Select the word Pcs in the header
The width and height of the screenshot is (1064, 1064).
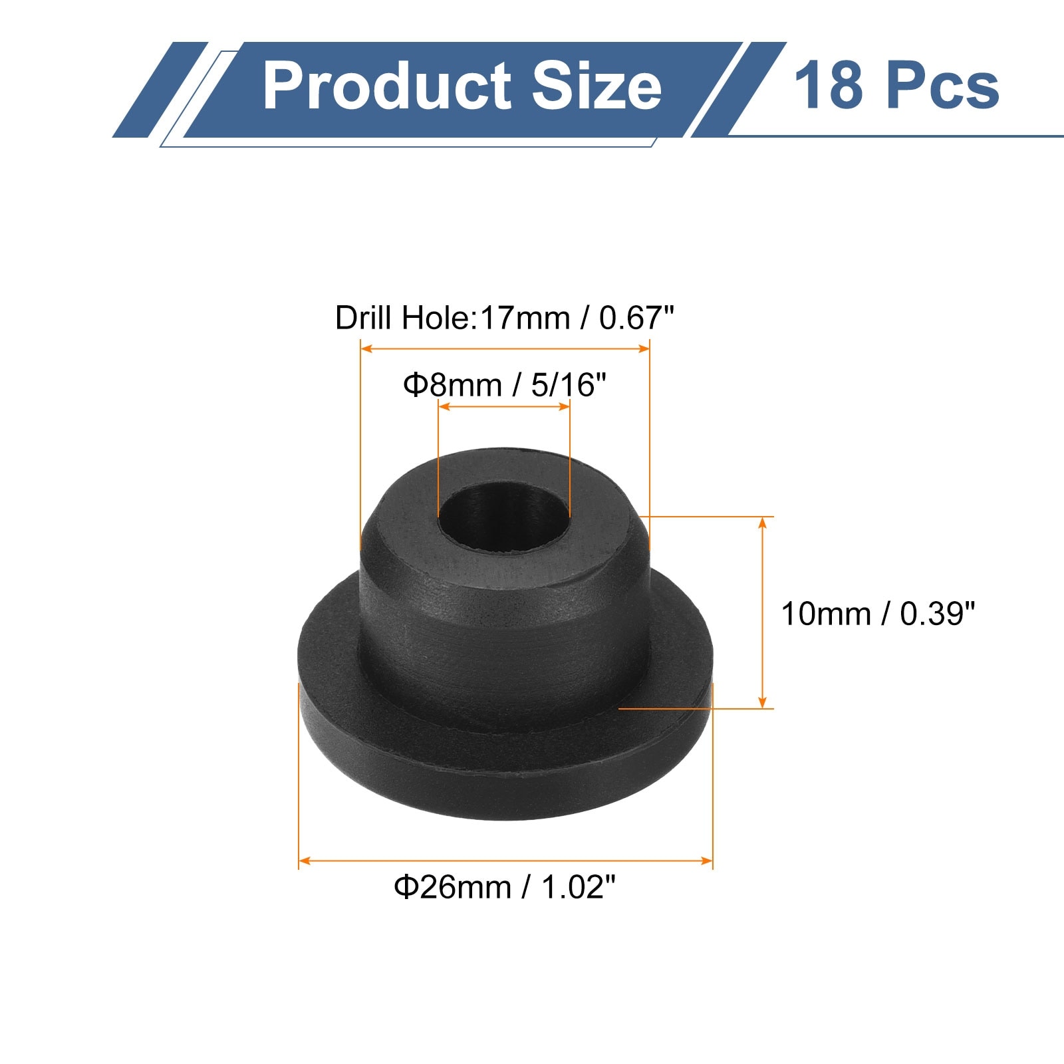(x=944, y=86)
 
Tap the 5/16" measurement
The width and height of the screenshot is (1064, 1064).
(x=569, y=385)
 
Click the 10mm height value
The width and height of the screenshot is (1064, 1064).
(x=825, y=614)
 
